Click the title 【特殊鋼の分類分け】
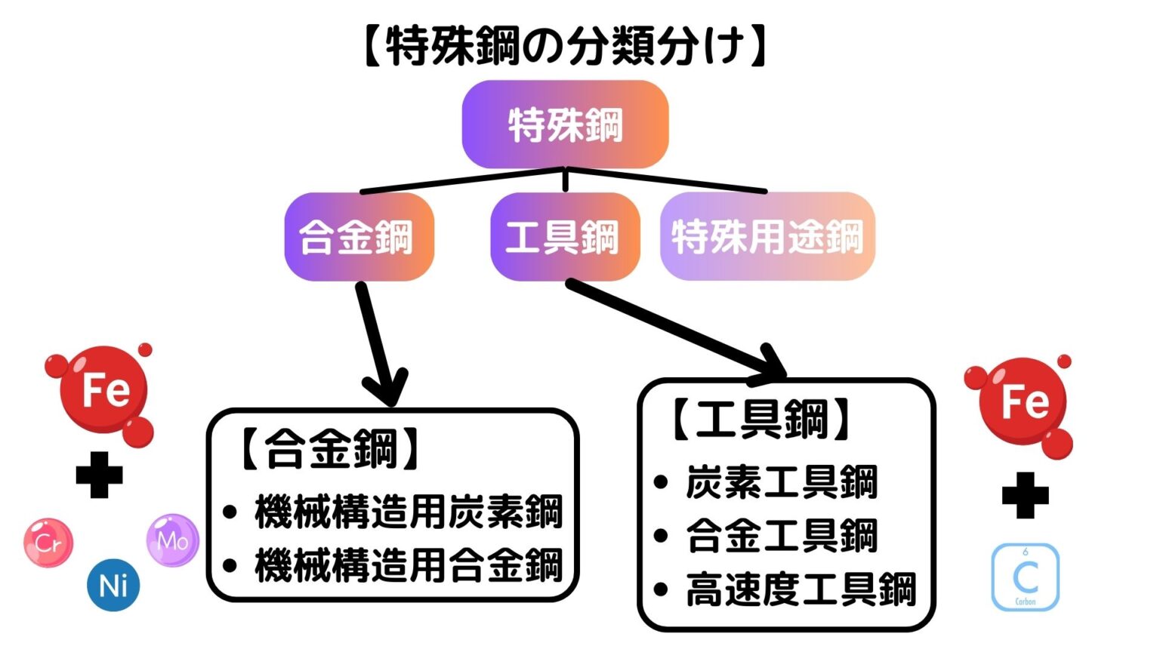tap(565, 47)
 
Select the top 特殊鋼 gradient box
tap(565, 125)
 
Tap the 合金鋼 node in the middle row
tap(359, 237)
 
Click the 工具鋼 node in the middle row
tap(565, 237)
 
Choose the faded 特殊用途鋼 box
tap(767, 237)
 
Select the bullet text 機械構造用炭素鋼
tap(409, 512)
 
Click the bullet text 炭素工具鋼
tap(782, 482)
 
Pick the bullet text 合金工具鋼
tap(782, 536)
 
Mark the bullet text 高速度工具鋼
tap(801, 589)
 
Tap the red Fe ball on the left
tap(104, 390)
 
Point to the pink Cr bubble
tap(48, 542)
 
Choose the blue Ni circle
tap(113, 585)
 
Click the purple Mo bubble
tap(172, 540)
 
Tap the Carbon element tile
tap(1025, 577)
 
